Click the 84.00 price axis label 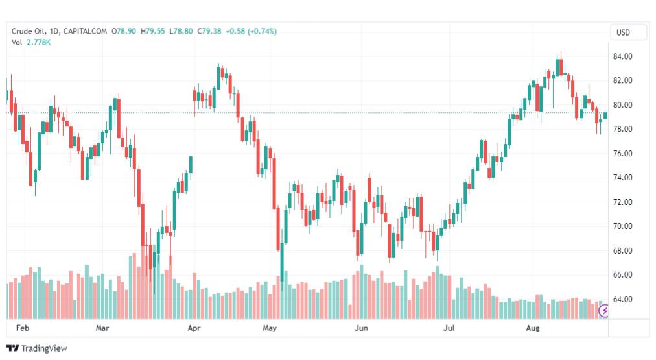[x=623, y=56]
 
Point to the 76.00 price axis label [x=623, y=154]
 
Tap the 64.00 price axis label [x=623, y=300]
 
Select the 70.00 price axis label [x=623, y=226]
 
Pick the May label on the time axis [x=270, y=328]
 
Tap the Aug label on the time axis [x=533, y=328]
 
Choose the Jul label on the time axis [x=448, y=328]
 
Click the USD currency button [x=623, y=32]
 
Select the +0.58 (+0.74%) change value [x=251, y=31]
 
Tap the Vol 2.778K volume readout [x=30, y=42]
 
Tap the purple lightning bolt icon [x=605, y=311]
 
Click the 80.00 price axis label [x=623, y=105]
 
